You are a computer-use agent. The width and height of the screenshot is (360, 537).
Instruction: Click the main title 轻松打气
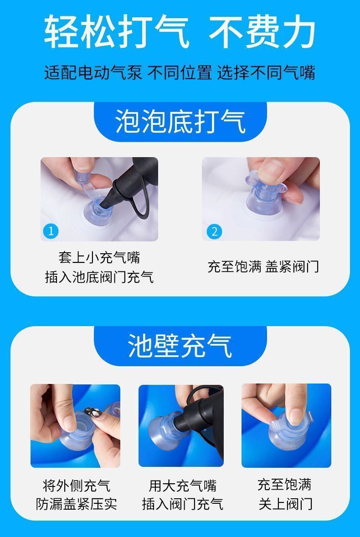tap(117, 31)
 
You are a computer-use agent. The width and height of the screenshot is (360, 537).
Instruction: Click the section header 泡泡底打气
tap(180, 122)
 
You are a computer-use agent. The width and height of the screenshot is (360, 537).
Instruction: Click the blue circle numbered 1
tap(51, 231)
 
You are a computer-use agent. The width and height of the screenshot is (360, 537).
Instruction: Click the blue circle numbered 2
tap(213, 231)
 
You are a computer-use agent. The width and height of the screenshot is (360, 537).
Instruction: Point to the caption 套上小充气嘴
tap(99, 257)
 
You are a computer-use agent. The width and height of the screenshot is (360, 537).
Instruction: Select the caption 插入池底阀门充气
tap(99, 276)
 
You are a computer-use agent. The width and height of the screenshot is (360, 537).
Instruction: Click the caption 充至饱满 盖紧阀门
tap(263, 266)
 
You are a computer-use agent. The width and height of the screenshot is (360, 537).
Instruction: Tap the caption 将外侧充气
tap(76, 486)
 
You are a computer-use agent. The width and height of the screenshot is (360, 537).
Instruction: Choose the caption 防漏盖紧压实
tap(76, 504)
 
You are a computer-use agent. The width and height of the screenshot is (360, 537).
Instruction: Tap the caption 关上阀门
tap(285, 504)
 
